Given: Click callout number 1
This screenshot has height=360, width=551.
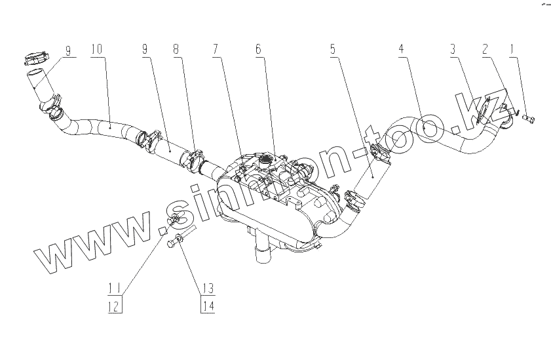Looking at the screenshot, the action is pos(513,49).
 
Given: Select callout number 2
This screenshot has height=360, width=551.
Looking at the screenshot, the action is pos(485,49).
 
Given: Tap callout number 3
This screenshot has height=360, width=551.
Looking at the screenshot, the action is pos(452,49).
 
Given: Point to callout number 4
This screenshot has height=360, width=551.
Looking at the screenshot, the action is pos(400,49).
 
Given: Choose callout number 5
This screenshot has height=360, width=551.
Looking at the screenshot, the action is pos(334,49).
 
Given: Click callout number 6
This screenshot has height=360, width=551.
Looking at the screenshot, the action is pos(258,49).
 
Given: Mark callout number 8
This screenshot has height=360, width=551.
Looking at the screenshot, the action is pos(176,49).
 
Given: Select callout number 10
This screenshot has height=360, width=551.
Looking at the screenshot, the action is pos(96,49).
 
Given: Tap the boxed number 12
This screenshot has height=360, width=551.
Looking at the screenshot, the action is pos(115,305).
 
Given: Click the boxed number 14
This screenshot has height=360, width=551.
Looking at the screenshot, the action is pos(208,305).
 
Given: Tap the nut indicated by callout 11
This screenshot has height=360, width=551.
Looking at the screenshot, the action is pos(176,219).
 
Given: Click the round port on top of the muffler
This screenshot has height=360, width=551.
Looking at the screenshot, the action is pos(265,159).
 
